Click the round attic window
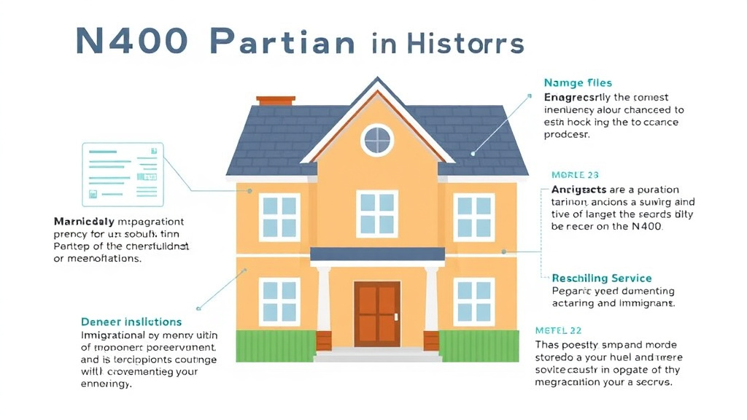point(378,140)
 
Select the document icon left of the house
point(123,174)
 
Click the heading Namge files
point(578,83)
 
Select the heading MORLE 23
point(575,175)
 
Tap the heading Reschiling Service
point(602,278)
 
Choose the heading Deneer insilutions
point(131,322)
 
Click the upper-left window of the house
point(279,217)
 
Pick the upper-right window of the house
point(474,217)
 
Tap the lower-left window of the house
point(279,300)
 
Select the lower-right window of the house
point(474,300)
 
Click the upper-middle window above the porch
point(377,213)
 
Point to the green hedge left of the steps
point(274,346)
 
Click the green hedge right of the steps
point(479,346)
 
